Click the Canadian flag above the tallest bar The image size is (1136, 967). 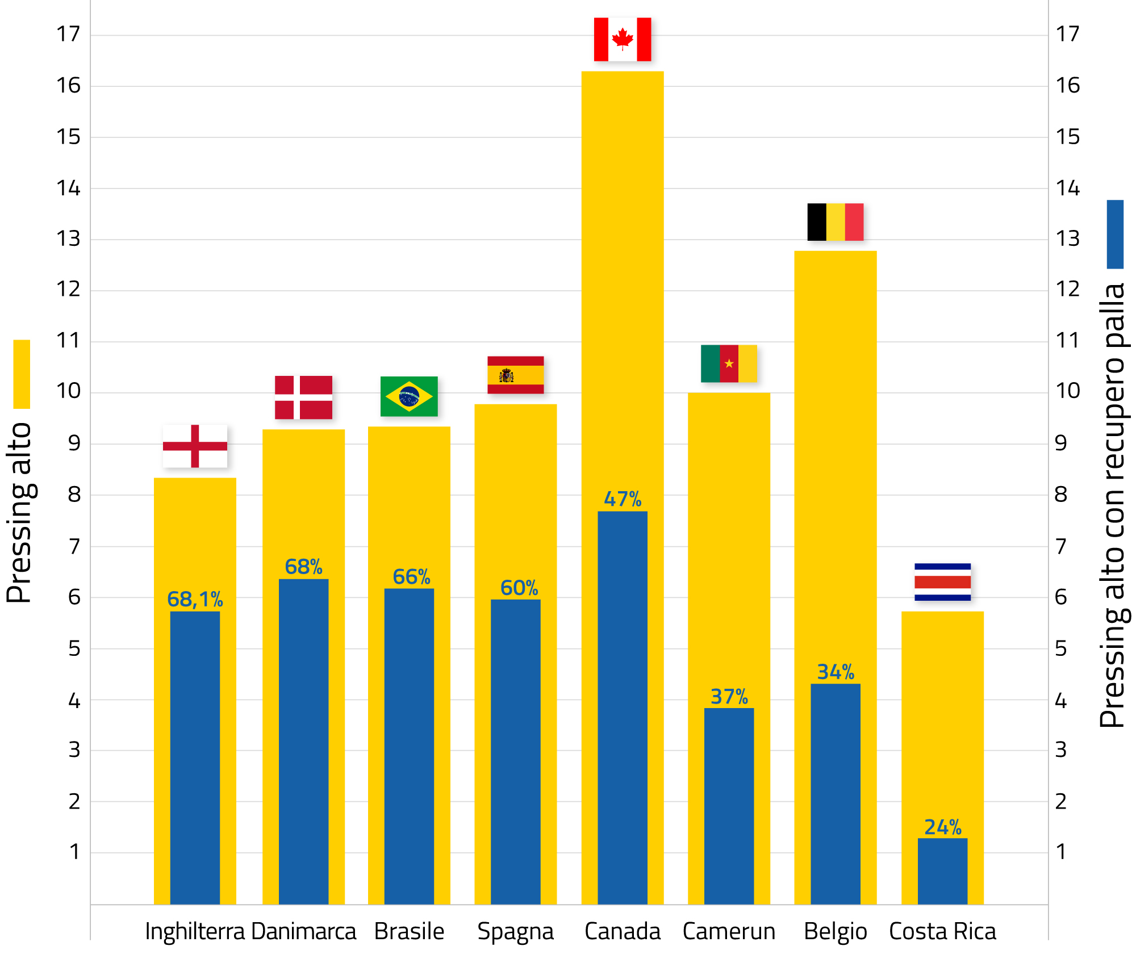[x=622, y=39]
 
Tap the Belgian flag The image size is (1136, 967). [x=835, y=222]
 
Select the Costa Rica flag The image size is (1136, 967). [x=942, y=582]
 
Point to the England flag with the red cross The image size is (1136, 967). [x=195, y=446]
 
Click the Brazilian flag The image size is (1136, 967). [x=409, y=396]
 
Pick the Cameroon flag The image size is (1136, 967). [x=729, y=363]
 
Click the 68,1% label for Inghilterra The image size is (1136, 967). [x=195, y=600]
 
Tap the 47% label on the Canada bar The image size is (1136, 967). [x=623, y=499]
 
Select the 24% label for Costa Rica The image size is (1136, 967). [x=942, y=827]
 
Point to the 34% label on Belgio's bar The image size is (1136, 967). [x=836, y=672]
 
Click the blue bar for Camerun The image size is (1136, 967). [x=729, y=806]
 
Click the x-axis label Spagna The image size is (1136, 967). [x=515, y=932]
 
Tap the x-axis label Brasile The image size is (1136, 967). [x=409, y=932]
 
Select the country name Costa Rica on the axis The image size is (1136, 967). [x=942, y=932]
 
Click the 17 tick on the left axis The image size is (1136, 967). [x=69, y=35]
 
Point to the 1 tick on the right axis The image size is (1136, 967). [x=1060, y=852]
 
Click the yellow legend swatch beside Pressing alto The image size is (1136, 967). [x=22, y=374]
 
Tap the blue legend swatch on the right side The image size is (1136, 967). [x=1115, y=234]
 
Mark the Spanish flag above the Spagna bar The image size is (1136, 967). [x=515, y=375]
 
